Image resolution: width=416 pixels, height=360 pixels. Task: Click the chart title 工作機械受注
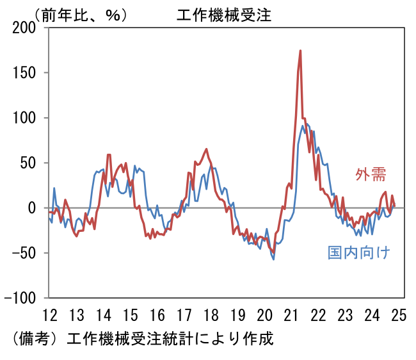point(224,15)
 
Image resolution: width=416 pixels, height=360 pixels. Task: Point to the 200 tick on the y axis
point(27,28)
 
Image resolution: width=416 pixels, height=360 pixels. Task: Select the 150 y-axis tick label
point(27,73)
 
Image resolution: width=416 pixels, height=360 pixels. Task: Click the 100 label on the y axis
point(27,118)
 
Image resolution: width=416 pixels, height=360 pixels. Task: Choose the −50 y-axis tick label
point(26,253)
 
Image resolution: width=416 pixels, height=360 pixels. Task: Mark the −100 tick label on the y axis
point(22,298)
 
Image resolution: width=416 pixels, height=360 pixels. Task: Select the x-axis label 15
point(130,315)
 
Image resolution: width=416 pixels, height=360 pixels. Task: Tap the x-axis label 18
point(211,315)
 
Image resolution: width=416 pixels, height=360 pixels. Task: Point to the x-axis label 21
point(291,315)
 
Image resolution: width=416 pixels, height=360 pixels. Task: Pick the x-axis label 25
point(399,315)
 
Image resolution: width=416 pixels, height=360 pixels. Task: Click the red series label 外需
point(371,174)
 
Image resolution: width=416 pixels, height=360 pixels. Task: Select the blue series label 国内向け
point(358,252)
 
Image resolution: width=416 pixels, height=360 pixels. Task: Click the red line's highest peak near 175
point(300,51)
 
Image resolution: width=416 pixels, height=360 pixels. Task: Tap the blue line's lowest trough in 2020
point(273,259)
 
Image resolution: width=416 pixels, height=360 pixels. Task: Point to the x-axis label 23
point(345,315)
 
